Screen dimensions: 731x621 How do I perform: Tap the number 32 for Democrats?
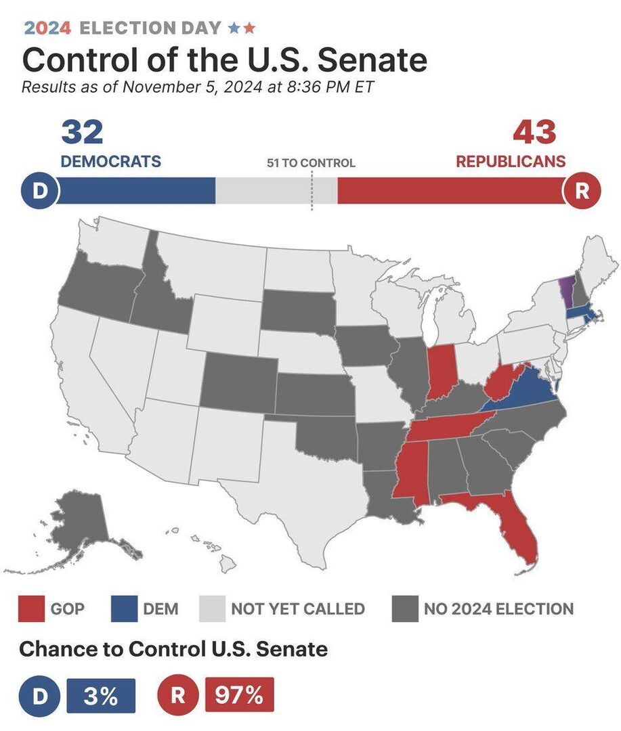point(82,132)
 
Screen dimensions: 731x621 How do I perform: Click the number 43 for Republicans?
point(534,132)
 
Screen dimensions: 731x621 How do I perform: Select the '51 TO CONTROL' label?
point(311,163)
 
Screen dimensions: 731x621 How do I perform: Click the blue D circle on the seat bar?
point(39,191)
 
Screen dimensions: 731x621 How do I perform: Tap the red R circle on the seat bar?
point(581,191)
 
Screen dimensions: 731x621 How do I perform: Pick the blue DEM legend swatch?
point(124,608)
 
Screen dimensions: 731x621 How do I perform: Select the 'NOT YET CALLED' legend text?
point(297,608)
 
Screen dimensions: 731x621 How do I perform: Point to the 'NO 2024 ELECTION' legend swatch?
point(405,608)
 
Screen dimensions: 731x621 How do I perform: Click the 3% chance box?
point(101,695)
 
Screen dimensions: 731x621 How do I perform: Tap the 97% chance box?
point(239,695)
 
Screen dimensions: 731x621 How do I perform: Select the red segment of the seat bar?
point(450,191)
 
